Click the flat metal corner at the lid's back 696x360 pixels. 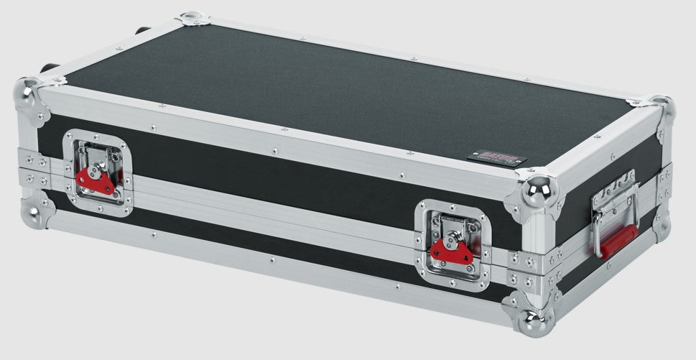point(192,19)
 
